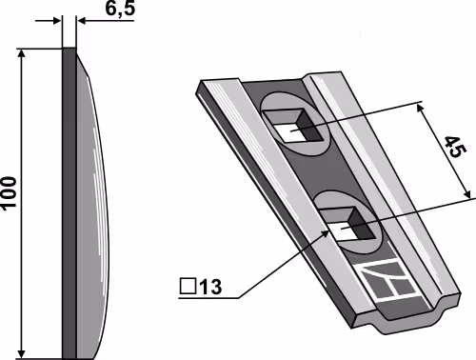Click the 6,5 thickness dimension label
click(x=120, y=9)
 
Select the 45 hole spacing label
click(x=455, y=147)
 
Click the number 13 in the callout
click(x=210, y=287)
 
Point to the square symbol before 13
click(x=188, y=286)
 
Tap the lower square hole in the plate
click(x=349, y=224)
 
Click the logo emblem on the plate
click(x=388, y=279)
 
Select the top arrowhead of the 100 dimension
click(x=21, y=54)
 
